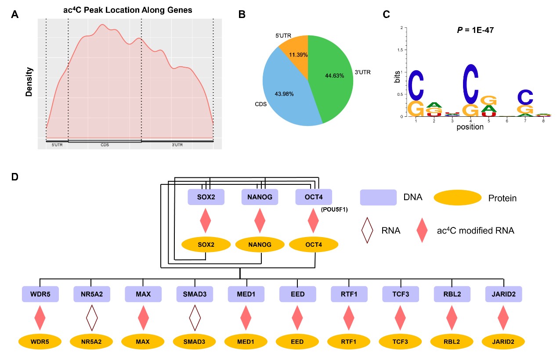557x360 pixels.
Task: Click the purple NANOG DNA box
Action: tap(260, 197)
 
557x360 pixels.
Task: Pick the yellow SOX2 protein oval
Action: tap(206, 244)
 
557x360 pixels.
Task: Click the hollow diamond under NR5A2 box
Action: tap(91, 318)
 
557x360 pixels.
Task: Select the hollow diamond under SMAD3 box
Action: tap(195, 318)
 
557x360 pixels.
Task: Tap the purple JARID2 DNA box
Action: tap(504, 294)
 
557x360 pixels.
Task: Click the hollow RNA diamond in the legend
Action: tap(367, 230)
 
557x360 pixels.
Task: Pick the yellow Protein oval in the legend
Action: tap(457, 198)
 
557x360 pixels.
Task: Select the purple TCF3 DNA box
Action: tap(400, 294)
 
